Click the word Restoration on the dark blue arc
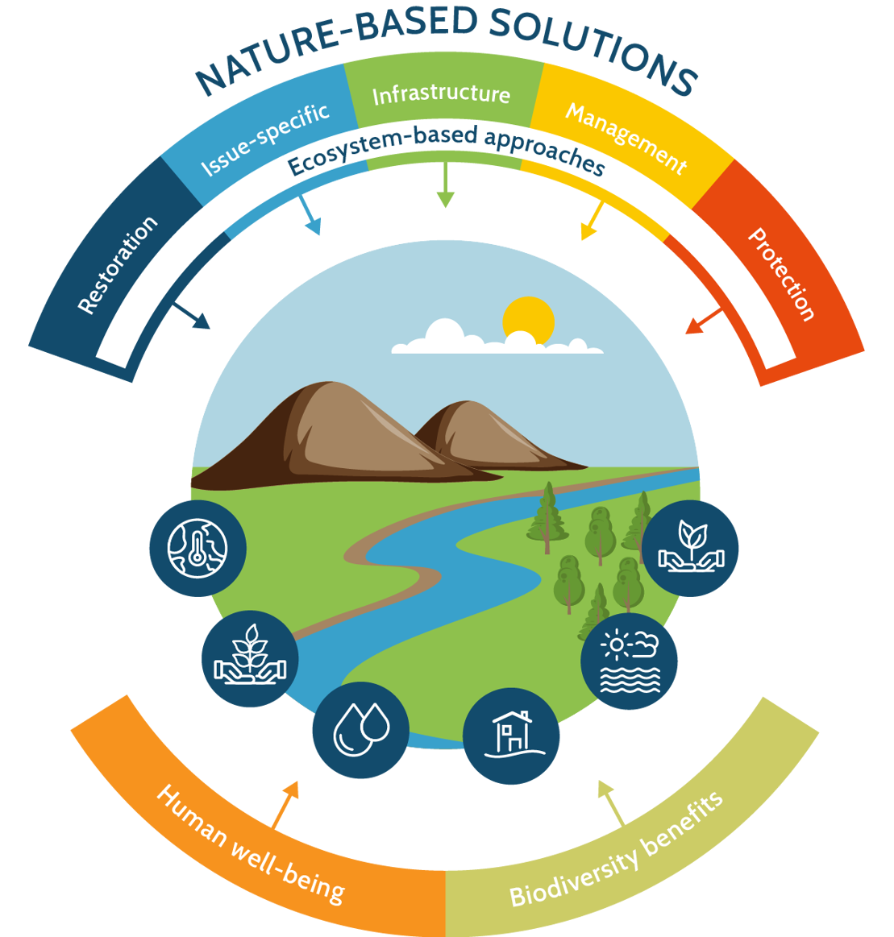[118, 265]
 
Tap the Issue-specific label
[264, 138]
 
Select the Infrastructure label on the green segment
[441, 94]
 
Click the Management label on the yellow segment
[626, 139]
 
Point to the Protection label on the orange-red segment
[781, 274]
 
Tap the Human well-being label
[250, 843]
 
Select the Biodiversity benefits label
[617, 849]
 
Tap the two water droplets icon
[360, 731]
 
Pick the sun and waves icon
[630, 661]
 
